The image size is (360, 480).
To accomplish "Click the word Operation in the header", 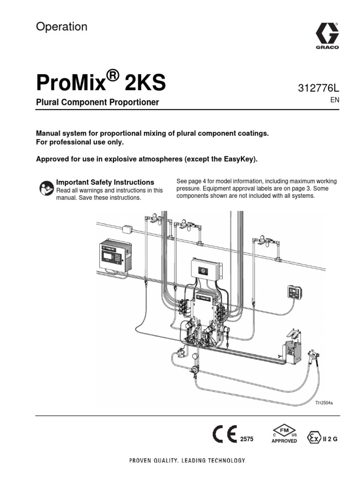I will coord(61,27).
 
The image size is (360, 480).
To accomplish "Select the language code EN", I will coord(335,100).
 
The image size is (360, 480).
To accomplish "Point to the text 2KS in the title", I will coord(145,83).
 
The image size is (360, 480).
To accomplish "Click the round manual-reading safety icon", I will coord(45,187).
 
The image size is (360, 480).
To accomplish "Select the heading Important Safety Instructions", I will coord(105,182).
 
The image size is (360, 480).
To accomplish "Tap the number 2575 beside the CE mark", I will coord(247,439).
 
